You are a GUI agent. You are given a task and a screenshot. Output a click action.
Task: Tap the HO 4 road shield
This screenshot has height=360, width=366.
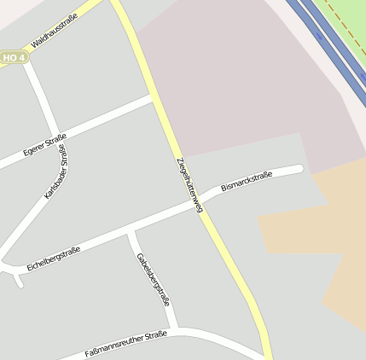(x=14, y=57)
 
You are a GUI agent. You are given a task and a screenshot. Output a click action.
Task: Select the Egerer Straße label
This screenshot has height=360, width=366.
(x=44, y=145)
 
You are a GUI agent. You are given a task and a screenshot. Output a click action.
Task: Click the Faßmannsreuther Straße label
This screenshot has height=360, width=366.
(x=125, y=345)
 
